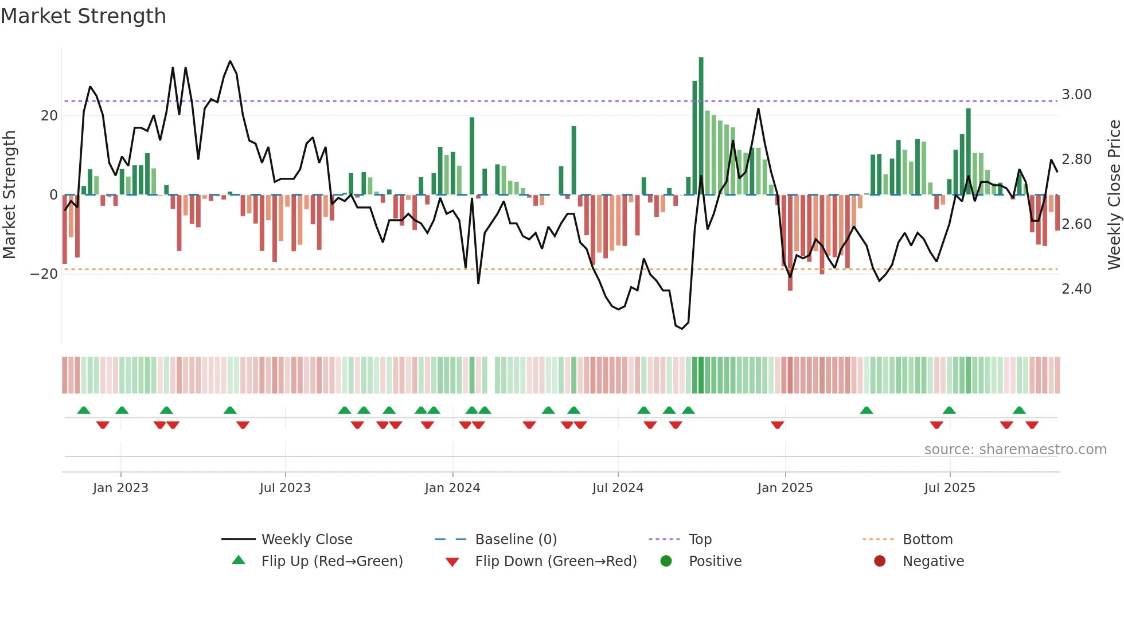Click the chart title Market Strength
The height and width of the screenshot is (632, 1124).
[x=84, y=16]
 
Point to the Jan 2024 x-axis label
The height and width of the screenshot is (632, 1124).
[x=452, y=488]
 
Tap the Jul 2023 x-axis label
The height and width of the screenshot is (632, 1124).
[x=285, y=488]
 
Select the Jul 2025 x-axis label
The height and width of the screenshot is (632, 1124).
[x=950, y=488]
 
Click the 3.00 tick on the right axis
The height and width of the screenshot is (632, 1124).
[x=1076, y=95]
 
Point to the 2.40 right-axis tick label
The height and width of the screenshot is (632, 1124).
[x=1076, y=289]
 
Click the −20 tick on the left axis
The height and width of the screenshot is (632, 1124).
[x=44, y=274]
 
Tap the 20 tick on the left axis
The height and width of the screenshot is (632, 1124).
[x=49, y=116]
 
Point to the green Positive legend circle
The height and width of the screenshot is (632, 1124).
[x=666, y=561]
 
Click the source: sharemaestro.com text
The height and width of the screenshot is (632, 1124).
[x=1015, y=450]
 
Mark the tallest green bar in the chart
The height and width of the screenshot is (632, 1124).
[x=701, y=126]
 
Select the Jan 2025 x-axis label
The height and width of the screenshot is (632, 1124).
[x=785, y=488]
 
